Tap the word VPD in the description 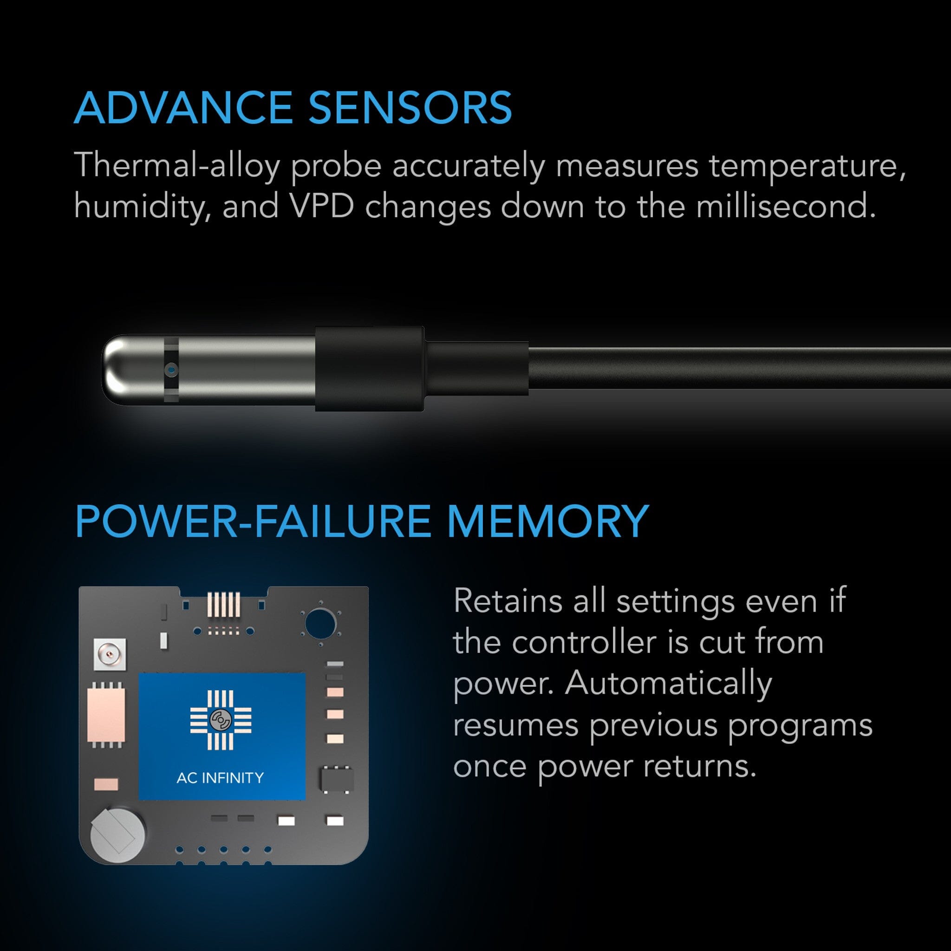click(321, 206)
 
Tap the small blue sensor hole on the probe click(171, 369)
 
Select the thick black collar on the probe click(369, 368)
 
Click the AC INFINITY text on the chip click(220, 778)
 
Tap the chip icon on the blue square click(221, 720)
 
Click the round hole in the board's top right click(320, 623)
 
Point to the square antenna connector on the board click(109, 655)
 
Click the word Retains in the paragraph click(508, 601)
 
